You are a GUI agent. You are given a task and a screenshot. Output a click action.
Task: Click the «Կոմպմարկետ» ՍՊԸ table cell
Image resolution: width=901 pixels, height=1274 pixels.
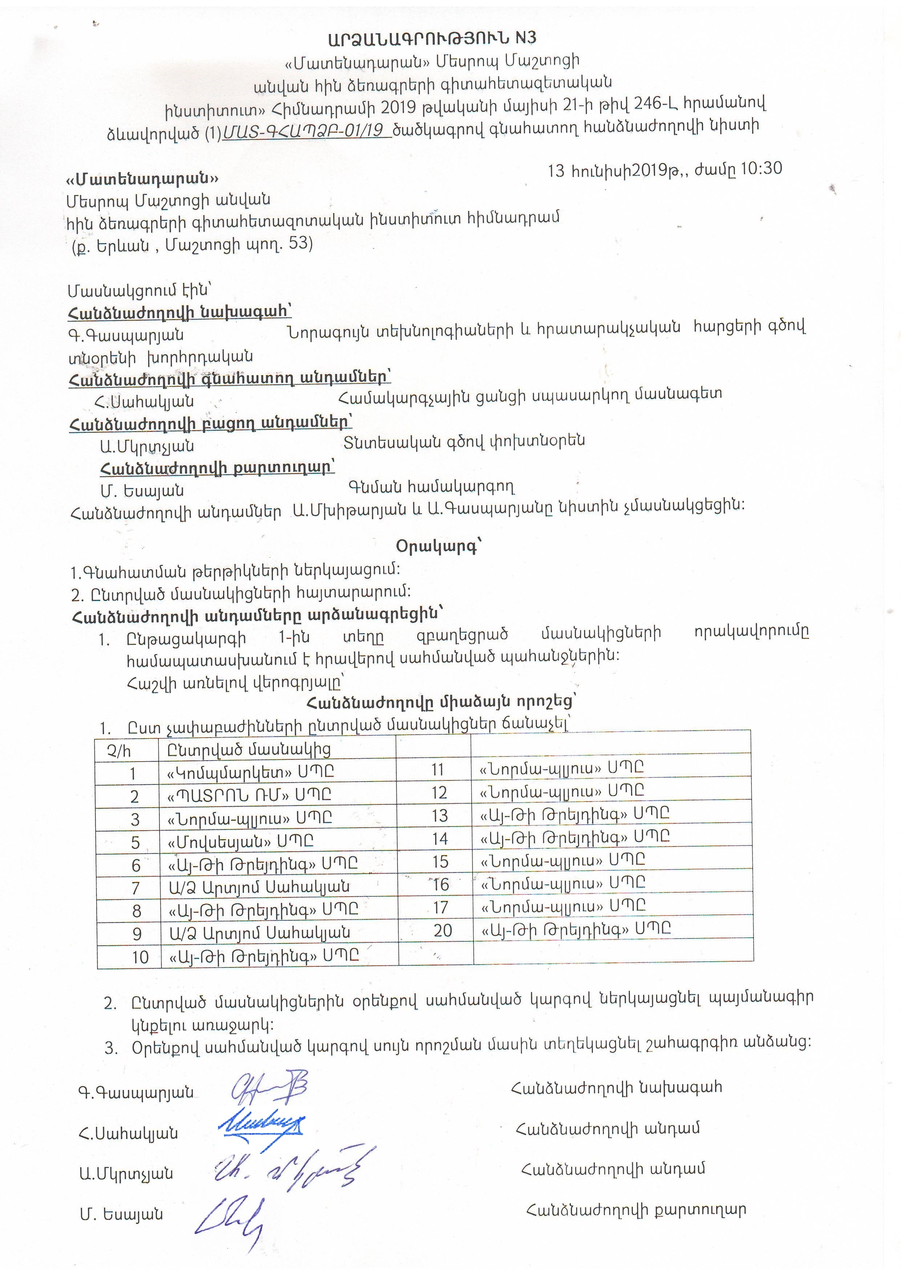250,772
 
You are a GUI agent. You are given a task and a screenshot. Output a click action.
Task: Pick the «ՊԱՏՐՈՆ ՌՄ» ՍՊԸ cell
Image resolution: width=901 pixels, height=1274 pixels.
249,795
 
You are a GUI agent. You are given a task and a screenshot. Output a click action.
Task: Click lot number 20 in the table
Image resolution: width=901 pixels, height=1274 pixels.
443,930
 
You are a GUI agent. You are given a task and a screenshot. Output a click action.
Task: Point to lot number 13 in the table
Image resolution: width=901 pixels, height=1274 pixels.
439,815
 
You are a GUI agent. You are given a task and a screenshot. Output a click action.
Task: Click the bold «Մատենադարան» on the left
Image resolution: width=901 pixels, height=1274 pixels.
142,179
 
